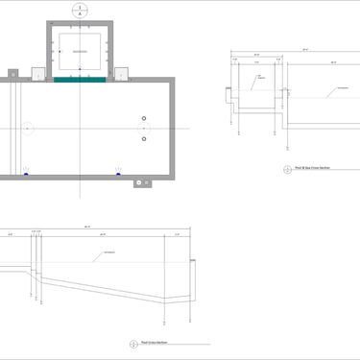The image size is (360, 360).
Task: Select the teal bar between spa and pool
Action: (80, 80)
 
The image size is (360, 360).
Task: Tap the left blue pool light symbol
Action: (26, 173)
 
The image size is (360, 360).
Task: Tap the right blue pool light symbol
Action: (119, 173)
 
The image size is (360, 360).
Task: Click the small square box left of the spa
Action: (39, 72)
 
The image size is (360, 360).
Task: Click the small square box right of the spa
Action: (122, 72)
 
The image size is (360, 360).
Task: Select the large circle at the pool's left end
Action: (27, 128)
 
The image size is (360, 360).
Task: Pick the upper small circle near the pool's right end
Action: (144, 118)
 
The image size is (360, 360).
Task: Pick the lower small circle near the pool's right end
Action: (144, 138)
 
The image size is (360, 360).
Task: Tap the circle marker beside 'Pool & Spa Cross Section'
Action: (288, 170)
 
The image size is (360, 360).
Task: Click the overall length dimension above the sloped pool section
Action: (87, 227)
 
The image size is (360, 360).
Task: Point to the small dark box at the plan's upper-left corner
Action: (12, 71)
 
